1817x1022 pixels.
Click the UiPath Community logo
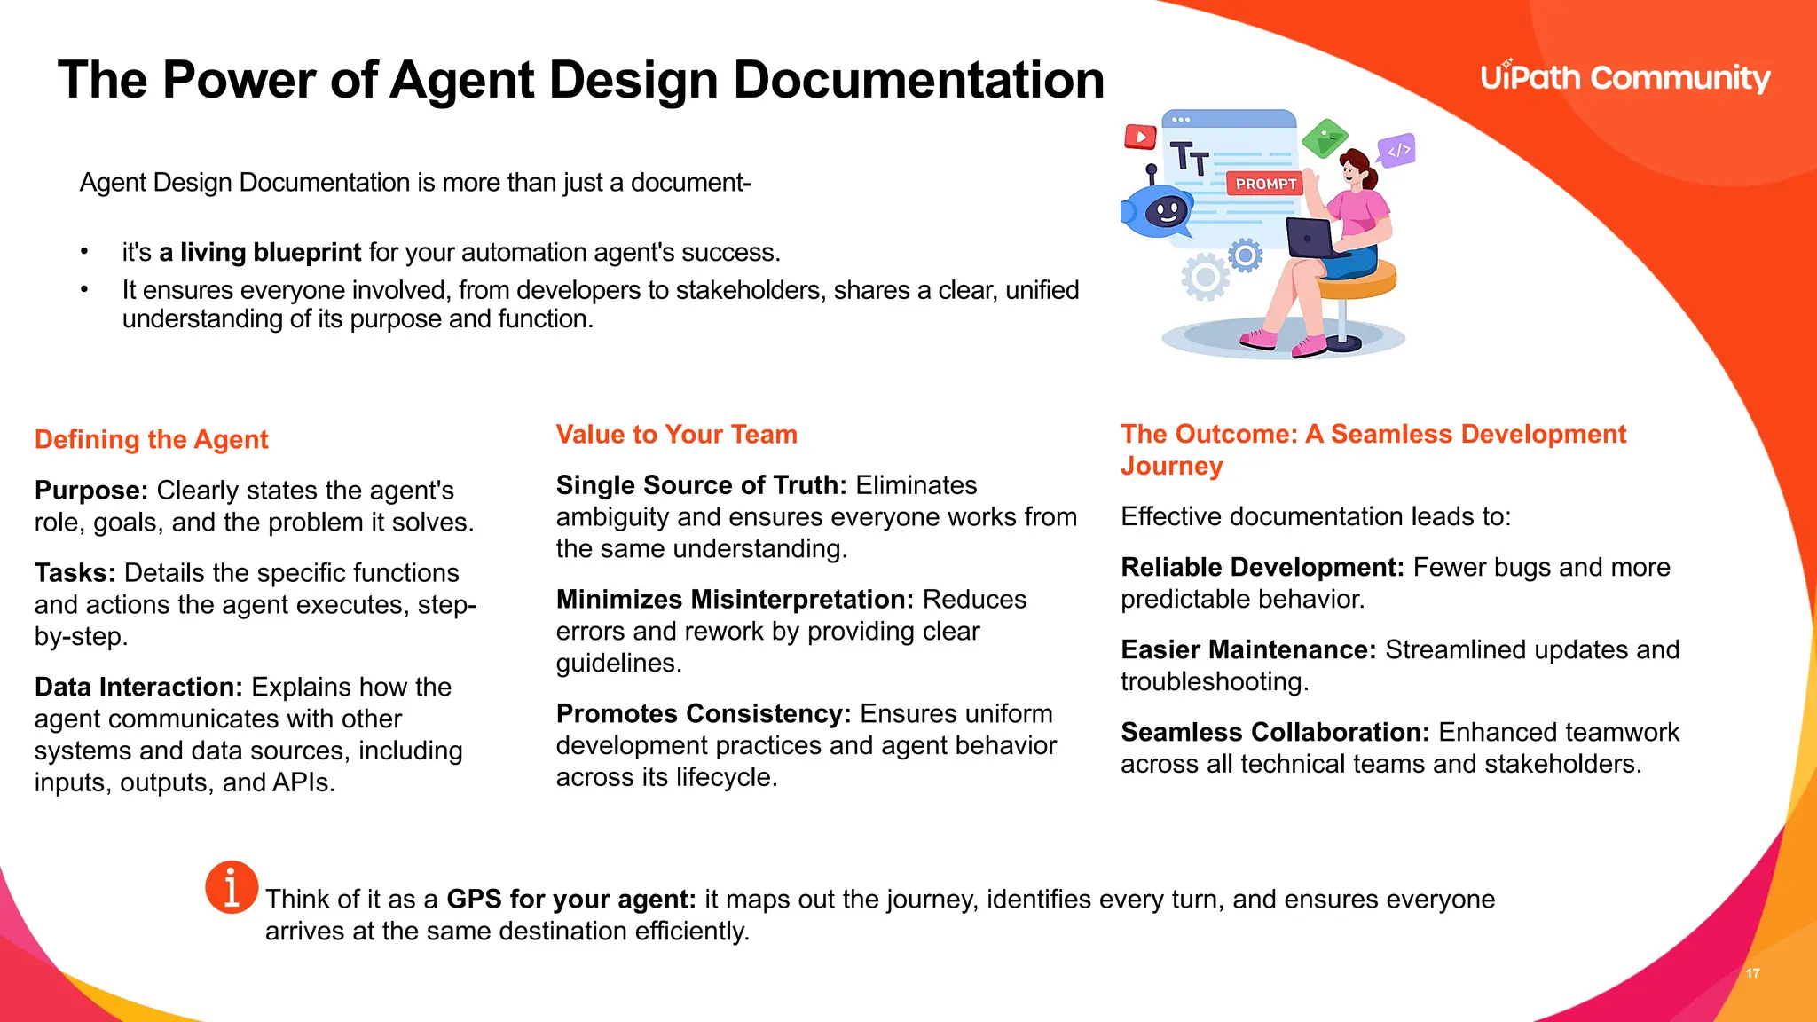tap(1624, 78)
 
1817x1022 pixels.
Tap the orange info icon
tap(232, 886)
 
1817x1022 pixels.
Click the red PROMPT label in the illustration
tap(1265, 184)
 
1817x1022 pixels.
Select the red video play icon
tap(1140, 137)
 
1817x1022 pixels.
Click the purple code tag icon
tap(1397, 150)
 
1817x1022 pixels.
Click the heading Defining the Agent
tap(152, 439)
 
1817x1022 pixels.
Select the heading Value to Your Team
tap(676, 434)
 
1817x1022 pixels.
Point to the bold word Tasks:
tap(75, 572)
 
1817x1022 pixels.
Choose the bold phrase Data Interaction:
tap(138, 687)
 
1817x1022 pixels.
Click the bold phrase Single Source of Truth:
tap(702, 485)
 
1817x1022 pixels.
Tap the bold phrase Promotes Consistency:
tap(704, 713)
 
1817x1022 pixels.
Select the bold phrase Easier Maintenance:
tap(1248, 649)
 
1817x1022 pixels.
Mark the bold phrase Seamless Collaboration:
tap(1275, 732)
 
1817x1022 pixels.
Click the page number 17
tap(1752, 973)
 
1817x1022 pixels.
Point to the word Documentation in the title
tap(918, 80)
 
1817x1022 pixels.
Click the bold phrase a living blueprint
tap(260, 253)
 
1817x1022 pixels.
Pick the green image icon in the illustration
tap(1325, 138)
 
